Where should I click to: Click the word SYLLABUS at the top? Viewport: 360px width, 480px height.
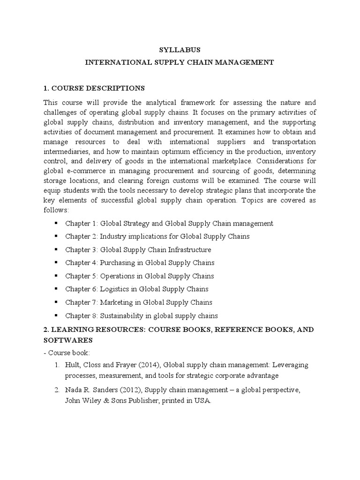[180, 50]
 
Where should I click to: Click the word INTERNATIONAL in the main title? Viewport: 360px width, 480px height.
[114, 62]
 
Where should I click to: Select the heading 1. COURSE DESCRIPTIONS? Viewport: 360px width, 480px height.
[94, 88]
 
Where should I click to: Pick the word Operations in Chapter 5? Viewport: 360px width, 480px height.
[117, 276]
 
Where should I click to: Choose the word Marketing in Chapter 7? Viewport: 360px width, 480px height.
[116, 302]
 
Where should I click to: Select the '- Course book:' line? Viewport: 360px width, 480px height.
[64, 352]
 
